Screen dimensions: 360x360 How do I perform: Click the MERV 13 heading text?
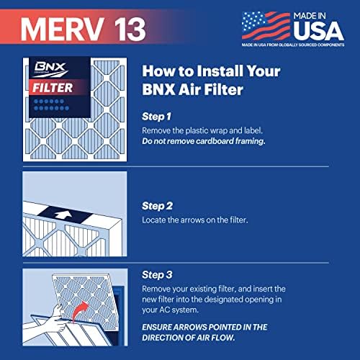click(x=84, y=28)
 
